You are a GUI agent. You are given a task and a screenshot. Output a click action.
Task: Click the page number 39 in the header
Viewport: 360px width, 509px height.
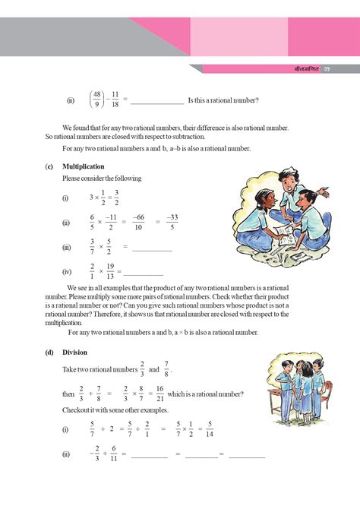(x=327, y=69)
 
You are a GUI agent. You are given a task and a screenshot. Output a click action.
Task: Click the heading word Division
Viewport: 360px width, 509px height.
(x=75, y=352)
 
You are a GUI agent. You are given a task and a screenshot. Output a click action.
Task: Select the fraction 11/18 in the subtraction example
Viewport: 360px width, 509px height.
(x=115, y=100)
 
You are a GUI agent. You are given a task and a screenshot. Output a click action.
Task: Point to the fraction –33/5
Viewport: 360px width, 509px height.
(x=172, y=222)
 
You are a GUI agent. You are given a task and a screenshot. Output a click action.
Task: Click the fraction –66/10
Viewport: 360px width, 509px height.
(x=138, y=222)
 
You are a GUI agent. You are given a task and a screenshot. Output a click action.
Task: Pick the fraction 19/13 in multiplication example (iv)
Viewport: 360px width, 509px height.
(x=110, y=272)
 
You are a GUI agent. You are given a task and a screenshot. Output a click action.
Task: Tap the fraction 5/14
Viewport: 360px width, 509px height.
(x=210, y=430)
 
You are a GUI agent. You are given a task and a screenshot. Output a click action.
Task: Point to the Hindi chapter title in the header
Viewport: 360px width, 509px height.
(x=306, y=69)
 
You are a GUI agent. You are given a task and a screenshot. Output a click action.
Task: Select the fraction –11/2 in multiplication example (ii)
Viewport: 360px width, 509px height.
(x=112, y=222)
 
